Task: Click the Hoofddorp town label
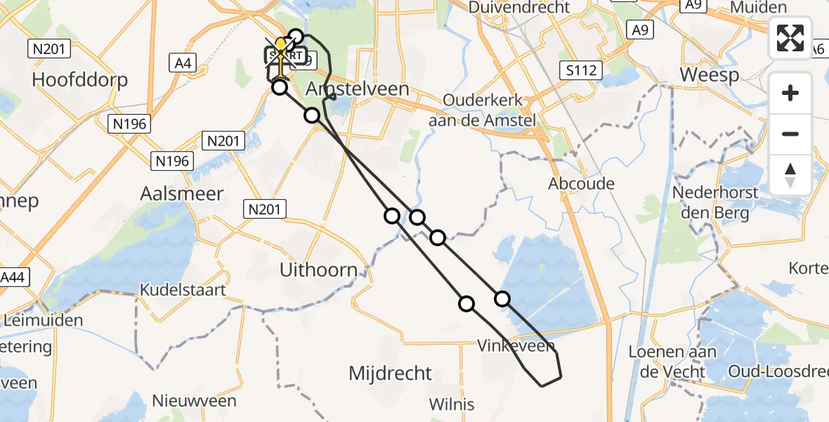click(x=79, y=79)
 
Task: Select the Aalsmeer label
click(x=182, y=193)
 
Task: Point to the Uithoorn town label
click(x=318, y=269)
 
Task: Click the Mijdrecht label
click(x=391, y=373)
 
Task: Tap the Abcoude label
click(x=581, y=184)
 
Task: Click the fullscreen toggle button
click(x=790, y=38)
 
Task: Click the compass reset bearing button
click(x=790, y=174)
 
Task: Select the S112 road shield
click(x=582, y=70)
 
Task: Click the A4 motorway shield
click(x=183, y=63)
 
